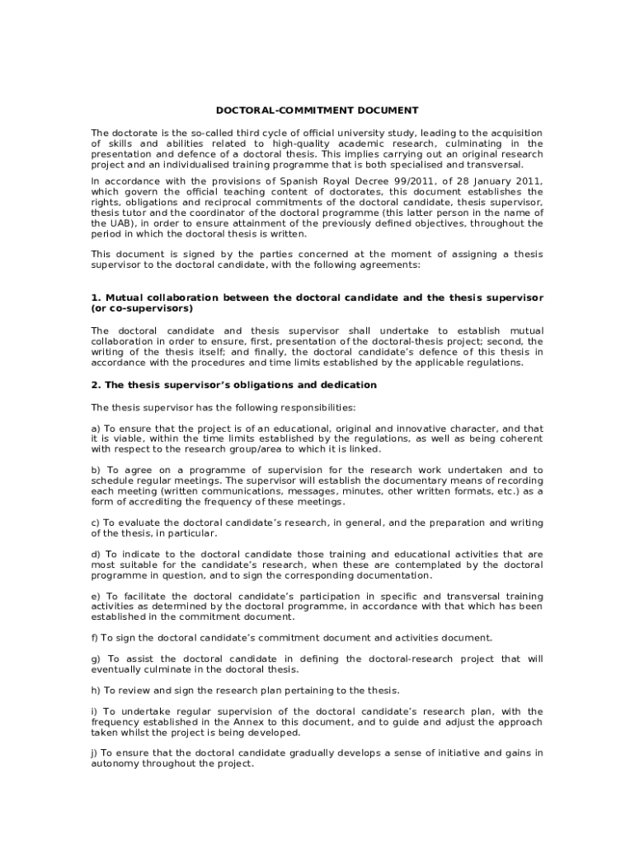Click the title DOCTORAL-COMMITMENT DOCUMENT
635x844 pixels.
click(317, 110)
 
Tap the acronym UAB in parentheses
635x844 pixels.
click(105, 223)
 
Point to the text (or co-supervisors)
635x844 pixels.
click(141, 308)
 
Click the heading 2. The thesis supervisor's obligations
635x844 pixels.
click(233, 385)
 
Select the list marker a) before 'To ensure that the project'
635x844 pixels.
click(96, 429)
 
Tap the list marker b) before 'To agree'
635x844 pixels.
click(96, 471)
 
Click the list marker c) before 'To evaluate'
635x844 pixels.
click(96, 523)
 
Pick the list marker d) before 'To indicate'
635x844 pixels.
click(96, 555)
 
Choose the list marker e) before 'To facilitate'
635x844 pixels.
click(96, 596)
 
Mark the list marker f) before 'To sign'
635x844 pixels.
click(94, 638)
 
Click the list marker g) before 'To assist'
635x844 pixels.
click(96, 659)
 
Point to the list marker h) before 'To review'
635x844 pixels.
click(96, 690)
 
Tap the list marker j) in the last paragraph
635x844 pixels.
click(94, 753)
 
